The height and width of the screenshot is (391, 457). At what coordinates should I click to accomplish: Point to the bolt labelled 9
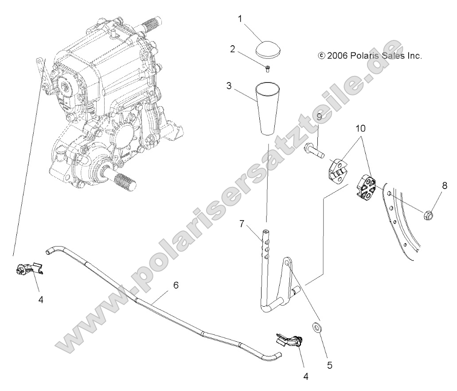314,153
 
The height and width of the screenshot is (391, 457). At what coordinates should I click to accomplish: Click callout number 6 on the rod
176,285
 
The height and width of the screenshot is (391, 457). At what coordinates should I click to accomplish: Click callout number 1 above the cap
240,19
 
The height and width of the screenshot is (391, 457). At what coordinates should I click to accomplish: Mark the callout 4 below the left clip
41,300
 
